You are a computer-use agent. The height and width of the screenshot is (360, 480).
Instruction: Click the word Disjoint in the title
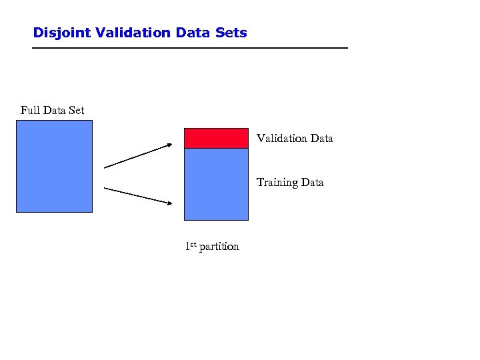pyautogui.click(x=57, y=33)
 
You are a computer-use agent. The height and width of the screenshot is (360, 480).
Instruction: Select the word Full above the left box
pyautogui.click(x=30, y=110)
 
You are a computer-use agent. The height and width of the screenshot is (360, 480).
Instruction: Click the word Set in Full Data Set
pyautogui.click(x=76, y=110)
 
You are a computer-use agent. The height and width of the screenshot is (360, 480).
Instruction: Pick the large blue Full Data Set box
pyautogui.click(x=54, y=166)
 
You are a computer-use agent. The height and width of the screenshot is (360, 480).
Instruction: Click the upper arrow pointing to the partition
pyautogui.click(x=137, y=156)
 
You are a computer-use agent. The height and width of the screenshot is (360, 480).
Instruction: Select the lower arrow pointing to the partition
pyautogui.click(x=137, y=196)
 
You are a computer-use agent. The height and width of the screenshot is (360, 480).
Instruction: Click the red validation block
pyautogui.click(x=216, y=138)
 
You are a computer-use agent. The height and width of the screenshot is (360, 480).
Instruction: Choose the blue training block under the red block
pyautogui.click(x=216, y=184)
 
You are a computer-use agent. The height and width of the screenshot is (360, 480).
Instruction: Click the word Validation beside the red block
pyautogui.click(x=281, y=139)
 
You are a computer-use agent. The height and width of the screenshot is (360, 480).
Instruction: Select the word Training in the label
pyautogui.click(x=277, y=183)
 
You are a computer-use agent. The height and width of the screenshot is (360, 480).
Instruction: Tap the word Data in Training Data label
pyautogui.click(x=311, y=183)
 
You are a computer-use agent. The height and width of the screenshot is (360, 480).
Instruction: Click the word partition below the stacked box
pyautogui.click(x=219, y=247)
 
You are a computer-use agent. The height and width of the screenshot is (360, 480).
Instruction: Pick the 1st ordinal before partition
pyautogui.click(x=190, y=246)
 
